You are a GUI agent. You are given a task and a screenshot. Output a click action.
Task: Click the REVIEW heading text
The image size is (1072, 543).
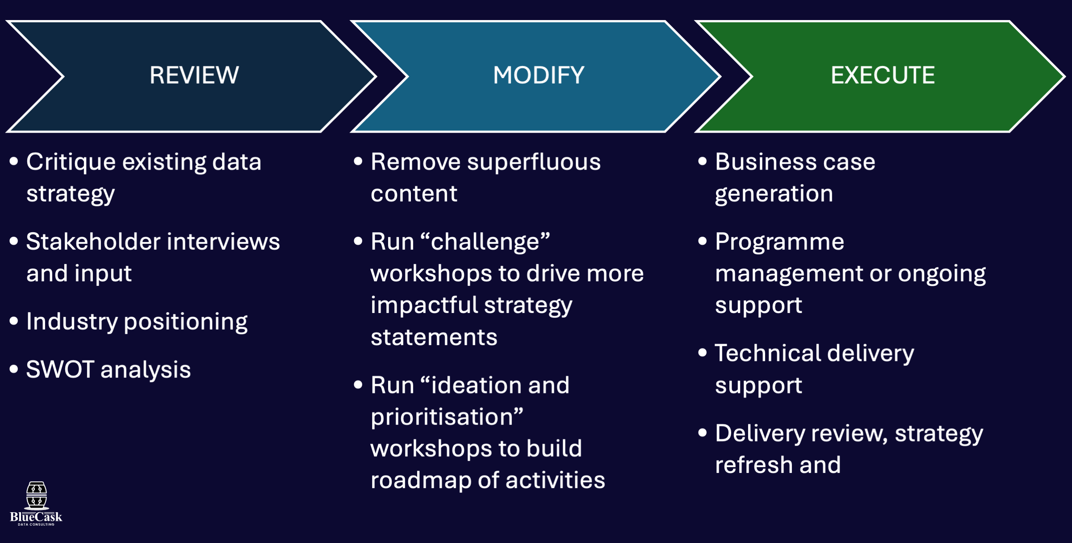(194, 75)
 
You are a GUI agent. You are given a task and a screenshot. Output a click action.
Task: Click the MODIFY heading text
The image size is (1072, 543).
(539, 75)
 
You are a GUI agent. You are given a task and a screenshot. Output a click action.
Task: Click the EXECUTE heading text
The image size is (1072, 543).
(883, 75)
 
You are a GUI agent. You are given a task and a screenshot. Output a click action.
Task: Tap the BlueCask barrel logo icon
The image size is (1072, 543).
(37, 496)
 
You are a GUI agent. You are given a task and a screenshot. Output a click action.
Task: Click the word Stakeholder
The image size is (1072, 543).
(93, 242)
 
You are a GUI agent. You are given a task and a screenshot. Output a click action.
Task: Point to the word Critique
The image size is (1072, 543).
(71, 162)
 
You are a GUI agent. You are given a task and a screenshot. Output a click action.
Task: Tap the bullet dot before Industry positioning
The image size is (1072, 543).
(14, 321)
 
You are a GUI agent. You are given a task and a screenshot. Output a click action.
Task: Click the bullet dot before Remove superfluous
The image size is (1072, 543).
(358, 161)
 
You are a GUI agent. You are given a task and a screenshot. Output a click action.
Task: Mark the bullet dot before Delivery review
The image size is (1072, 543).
(703, 433)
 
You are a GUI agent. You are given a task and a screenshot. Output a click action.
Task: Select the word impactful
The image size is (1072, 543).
(423, 305)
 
